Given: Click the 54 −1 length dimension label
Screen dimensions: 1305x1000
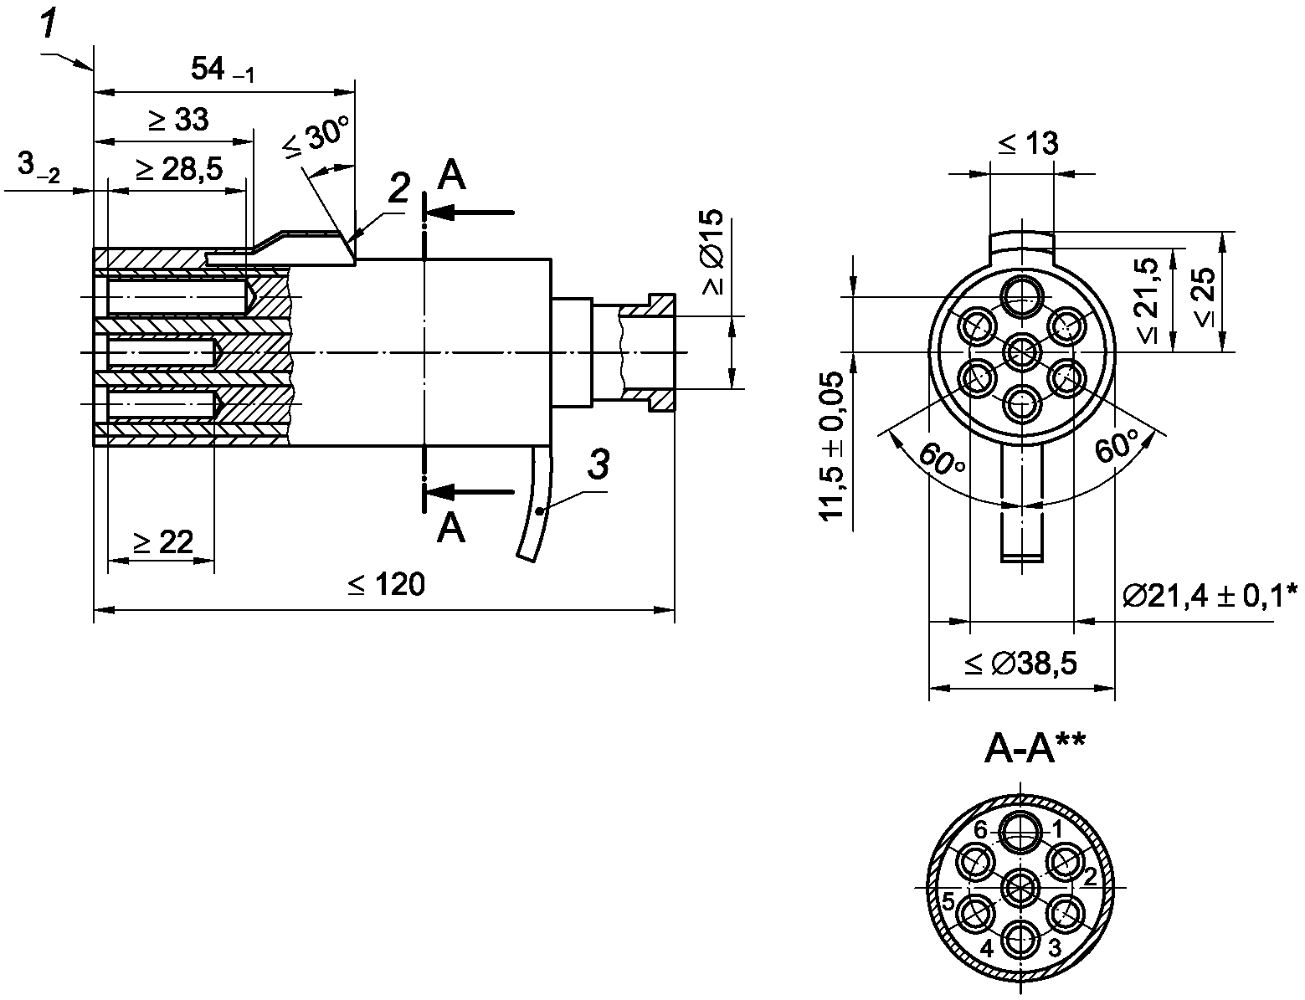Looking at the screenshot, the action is coord(222,70).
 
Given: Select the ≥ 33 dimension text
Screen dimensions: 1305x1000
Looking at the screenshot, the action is coord(179,120).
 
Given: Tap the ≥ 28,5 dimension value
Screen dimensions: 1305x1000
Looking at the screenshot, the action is coord(180,170).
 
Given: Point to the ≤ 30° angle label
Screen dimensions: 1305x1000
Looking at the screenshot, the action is coord(316,137).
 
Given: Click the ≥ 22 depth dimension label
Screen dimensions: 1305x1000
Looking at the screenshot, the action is coord(162,542).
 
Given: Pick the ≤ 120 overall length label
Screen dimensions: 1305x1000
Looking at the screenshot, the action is coord(386,584).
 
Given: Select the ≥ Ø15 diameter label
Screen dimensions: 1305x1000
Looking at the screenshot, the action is coord(713,252).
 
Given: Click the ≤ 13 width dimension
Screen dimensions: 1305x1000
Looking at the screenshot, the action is coord(1028,143).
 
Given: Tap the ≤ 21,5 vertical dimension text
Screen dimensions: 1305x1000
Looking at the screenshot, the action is coord(1147,300).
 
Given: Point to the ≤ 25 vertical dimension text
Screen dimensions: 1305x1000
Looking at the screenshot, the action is coord(1205,297).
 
